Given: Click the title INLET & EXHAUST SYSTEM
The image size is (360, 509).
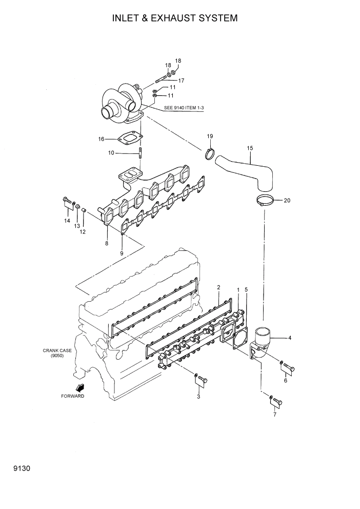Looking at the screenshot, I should pos(175,18).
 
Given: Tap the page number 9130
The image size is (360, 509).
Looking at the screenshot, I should pos(15,468).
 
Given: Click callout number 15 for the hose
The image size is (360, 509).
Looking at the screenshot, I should pos(250,148).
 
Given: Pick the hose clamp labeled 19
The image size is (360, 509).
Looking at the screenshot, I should pos(210,153).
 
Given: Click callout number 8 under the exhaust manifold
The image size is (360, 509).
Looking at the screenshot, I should pos(107,243).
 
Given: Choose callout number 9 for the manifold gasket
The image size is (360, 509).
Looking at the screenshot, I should pos(122,253).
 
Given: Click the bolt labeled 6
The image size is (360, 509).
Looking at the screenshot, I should pos(289,367).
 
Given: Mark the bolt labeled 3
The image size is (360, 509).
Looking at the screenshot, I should pos(202,379).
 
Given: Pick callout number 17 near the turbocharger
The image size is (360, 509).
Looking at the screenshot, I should pos(181,81).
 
